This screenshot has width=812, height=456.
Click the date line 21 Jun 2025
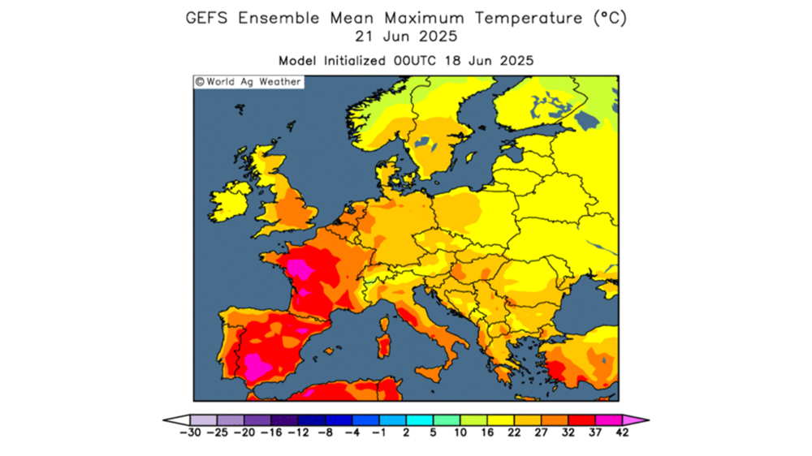(x=406, y=37)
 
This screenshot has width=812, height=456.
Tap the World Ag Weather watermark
(x=248, y=82)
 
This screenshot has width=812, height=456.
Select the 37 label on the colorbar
(x=595, y=432)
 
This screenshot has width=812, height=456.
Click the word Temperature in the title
(x=523, y=18)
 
